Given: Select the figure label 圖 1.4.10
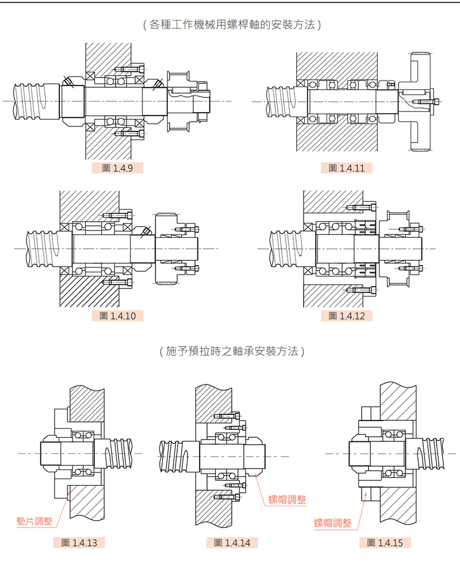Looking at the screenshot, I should point(117,315).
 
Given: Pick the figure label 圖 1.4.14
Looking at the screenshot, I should point(232,542).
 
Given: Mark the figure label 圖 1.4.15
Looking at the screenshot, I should point(385,542).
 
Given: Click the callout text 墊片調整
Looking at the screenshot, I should point(34,521).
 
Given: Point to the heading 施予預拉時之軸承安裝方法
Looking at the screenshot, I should point(230,351).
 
